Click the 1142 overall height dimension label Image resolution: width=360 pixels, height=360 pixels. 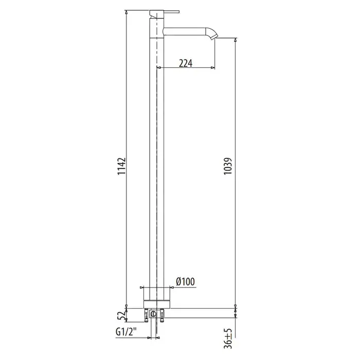[x=121, y=166]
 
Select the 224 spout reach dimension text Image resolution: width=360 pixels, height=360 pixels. [x=186, y=63]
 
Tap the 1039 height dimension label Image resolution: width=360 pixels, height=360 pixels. [x=228, y=166]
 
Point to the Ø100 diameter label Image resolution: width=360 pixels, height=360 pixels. [x=185, y=281]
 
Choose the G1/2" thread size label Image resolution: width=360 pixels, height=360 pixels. [x=126, y=332]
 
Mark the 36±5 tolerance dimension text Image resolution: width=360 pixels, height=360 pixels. [x=228, y=338]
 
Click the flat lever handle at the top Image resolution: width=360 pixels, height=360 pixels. [x=164, y=12]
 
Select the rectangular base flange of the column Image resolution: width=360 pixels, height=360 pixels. [x=157, y=304]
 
